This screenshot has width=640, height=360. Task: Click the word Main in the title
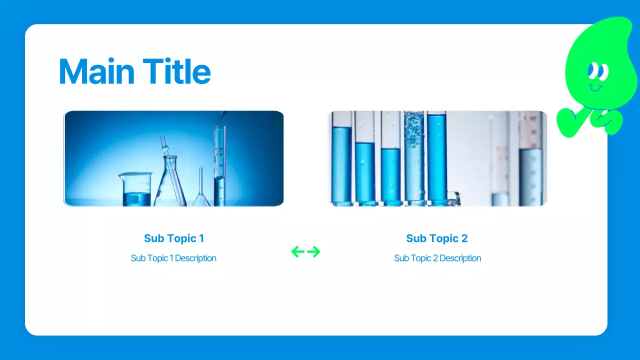(96, 71)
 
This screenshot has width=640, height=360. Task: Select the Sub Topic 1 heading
(174, 238)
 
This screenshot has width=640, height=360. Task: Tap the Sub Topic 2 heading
(437, 238)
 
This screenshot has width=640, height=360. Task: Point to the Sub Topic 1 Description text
(173, 258)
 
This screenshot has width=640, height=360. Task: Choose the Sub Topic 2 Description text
(437, 258)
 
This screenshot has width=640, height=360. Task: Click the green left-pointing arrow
(297, 251)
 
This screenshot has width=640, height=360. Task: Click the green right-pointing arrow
(313, 251)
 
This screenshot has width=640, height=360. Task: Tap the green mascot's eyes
(598, 71)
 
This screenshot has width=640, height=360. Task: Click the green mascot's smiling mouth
(595, 88)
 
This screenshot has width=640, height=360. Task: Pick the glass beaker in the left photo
(135, 189)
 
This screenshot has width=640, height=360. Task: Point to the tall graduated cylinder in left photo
(219, 165)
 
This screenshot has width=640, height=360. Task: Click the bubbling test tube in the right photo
(414, 158)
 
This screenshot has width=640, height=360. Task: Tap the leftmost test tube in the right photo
(341, 158)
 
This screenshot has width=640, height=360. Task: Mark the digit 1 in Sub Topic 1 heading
(201, 238)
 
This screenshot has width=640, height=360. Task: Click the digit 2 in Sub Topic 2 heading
(464, 238)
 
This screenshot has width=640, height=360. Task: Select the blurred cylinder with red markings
(530, 158)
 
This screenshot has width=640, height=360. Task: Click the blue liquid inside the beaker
(136, 199)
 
